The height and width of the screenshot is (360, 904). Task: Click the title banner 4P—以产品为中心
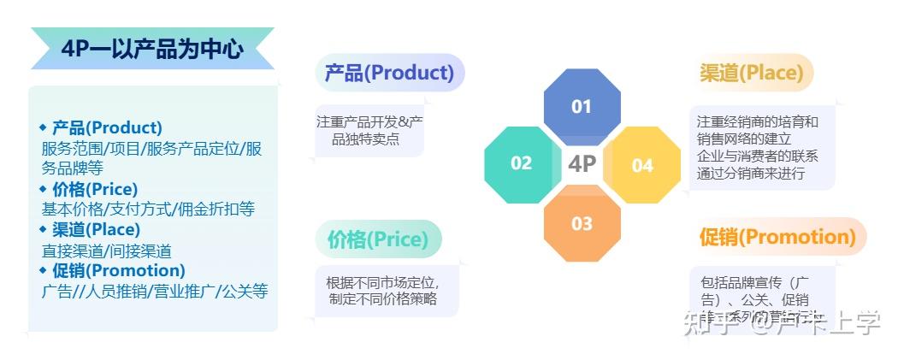pyautogui.click(x=152, y=49)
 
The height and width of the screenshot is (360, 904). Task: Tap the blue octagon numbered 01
pyautogui.click(x=582, y=107)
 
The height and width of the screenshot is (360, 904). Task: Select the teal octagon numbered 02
pyautogui.click(x=521, y=163)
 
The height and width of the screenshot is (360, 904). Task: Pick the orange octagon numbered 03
pyautogui.click(x=582, y=224)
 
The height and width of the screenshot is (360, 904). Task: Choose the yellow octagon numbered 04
pyautogui.click(x=642, y=165)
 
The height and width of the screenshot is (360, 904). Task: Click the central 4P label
pyautogui.click(x=582, y=164)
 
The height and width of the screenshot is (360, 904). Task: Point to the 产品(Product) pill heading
pyautogui.click(x=389, y=73)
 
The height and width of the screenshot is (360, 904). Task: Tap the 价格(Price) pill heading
pyautogui.click(x=377, y=239)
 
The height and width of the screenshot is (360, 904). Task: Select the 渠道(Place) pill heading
pyautogui.click(x=752, y=73)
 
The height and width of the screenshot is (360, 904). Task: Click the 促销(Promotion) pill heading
pyautogui.click(x=777, y=237)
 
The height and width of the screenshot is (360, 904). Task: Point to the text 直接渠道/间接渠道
pyautogui.click(x=106, y=251)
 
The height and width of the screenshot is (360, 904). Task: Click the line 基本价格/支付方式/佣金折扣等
pyautogui.click(x=148, y=210)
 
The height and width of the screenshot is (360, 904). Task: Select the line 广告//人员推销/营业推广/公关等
pyautogui.click(x=155, y=292)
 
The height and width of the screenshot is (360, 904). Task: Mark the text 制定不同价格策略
pyautogui.click(x=382, y=299)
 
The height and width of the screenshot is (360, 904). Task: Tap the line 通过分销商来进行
pyautogui.click(x=750, y=174)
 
